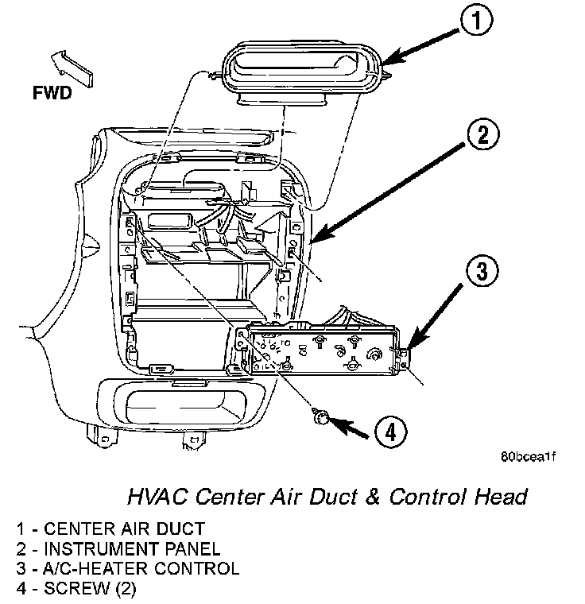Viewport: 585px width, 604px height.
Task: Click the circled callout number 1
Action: pyautogui.click(x=477, y=20)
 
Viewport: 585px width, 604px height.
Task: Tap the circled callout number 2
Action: pyautogui.click(x=483, y=135)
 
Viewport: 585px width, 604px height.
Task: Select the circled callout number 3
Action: pyautogui.click(x=482, y=270)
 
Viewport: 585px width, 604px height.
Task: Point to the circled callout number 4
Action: pyautogui.click(x=391, y=432)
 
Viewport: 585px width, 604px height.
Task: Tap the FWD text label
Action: pyautogui.click(x=52, y=93)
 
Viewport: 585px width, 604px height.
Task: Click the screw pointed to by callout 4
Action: pyautogui.click(x=320, y=417)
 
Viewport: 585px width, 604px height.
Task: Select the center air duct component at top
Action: pyautogui.click(x=303, y=72)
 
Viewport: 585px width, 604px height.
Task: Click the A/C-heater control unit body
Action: pyautogui.click(x=322, y=350)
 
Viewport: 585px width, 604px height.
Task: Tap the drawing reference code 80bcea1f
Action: pyautogui.click(x=528, y=457)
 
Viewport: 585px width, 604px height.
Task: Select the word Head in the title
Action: pyautogui.click(x=501, y=497)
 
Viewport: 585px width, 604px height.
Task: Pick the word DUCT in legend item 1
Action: pyautogui.click(x=180, y=528)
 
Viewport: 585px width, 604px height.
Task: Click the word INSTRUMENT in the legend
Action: pyautogui.click(x=101, y=549)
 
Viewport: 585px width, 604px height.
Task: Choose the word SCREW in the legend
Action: pyautogui.click(x=77, y=589)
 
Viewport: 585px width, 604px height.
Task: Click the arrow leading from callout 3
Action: pyautogui.click(x=436, y=316)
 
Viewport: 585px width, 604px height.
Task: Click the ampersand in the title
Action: pyautogui.click(x=372, y=497)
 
